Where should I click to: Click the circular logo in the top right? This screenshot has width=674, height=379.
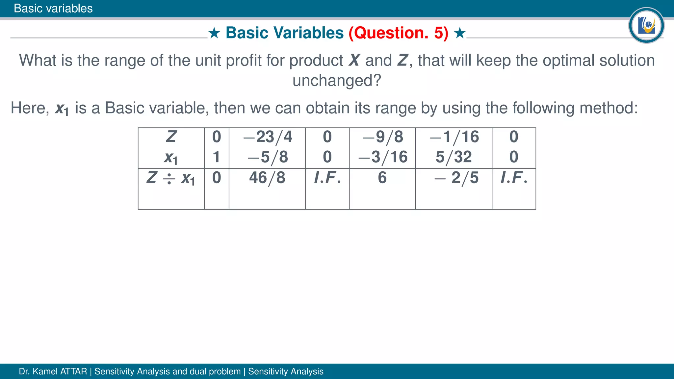(646, 25)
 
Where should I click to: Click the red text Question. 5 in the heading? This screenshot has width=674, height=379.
(399, 33)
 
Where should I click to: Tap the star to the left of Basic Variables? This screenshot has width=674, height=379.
(214, 33)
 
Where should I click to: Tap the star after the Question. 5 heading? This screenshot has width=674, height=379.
(460, 33)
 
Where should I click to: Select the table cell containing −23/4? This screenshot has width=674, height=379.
(268, 137)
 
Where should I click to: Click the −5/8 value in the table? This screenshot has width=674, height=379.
(268, 157)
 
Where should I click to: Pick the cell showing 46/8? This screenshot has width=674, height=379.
(267, 178)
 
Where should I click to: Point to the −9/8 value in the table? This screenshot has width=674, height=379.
(383, 137)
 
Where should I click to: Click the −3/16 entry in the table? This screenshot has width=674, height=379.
(383, 157)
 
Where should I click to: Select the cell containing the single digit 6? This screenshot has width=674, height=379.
(382, 178)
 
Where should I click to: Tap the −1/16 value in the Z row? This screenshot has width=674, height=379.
(454, 137)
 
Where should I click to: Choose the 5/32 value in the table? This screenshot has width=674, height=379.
(454, 157)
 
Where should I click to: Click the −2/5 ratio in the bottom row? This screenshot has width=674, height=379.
(456, 178)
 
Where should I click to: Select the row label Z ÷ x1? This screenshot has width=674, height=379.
(171, 178)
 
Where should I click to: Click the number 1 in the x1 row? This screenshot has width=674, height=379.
(216, 157)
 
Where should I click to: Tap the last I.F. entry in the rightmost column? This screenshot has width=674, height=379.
(514, 178)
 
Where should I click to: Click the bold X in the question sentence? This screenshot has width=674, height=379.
(354, 61)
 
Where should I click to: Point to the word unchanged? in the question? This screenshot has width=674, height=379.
(337, 80)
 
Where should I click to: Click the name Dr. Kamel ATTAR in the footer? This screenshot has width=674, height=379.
(53, 371)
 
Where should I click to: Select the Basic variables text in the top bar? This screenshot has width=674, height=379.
(53, 8)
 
